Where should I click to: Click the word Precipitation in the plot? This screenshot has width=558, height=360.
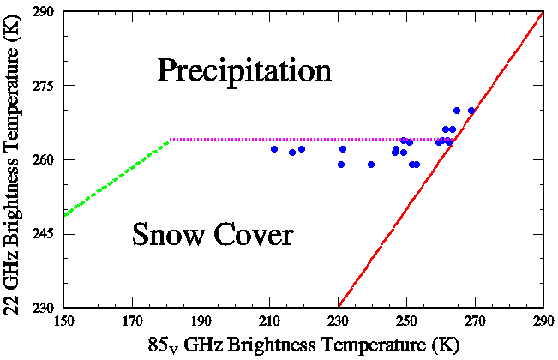[243, 70]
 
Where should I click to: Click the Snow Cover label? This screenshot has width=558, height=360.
[213, 234]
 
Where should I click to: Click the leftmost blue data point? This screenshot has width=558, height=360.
[274, 149]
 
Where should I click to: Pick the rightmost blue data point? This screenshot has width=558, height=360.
[471, 111]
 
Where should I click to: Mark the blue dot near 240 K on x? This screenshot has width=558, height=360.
[371, 165]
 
